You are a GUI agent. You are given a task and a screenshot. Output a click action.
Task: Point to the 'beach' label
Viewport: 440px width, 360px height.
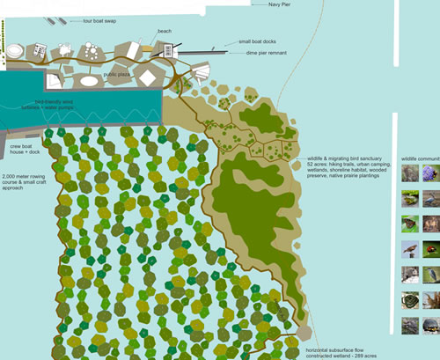point(165,31)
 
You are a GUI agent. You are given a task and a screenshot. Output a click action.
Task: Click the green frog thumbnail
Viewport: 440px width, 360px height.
point(410,199)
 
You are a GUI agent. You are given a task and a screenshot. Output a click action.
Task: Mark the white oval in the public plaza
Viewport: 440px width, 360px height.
point(91,80)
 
